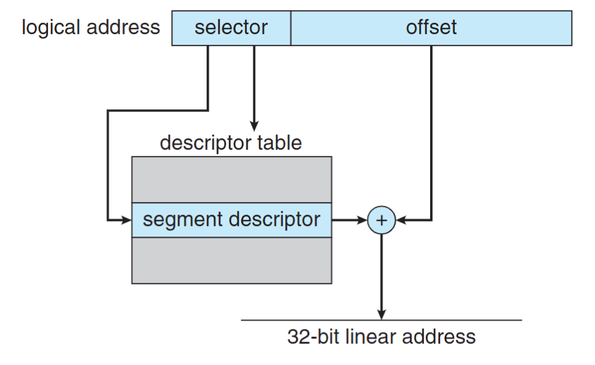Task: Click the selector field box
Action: point(231,28)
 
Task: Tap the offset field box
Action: point(431,28)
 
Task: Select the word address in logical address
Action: point(126,28)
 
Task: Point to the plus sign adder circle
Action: point(382,220)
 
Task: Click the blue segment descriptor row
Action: point(231,220)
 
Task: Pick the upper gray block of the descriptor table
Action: point(231,180)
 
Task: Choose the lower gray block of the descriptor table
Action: point(231,260)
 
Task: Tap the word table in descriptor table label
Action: point(279,143)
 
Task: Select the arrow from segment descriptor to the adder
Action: point(349,220)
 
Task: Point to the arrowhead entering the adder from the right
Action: point(402,220)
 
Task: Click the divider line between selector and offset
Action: point(291,28)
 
